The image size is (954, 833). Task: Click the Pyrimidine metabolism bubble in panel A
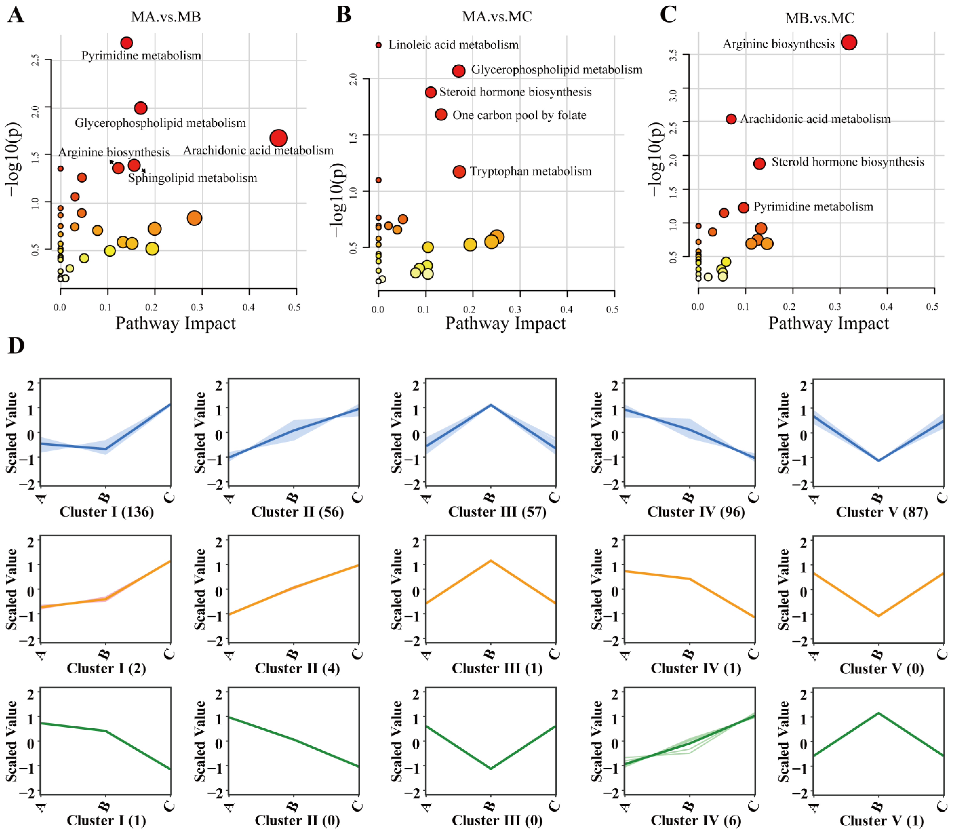point(126,43)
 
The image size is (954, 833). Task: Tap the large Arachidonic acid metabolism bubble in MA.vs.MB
point(278,138)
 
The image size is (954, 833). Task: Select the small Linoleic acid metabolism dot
point(379,45)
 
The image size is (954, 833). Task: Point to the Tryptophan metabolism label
point(531,171)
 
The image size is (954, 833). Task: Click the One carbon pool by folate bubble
point(441,114)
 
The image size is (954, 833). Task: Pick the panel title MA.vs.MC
point(497,17)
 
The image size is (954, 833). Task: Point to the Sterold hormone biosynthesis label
point(848,162)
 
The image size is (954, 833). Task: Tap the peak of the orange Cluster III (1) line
point(491,561)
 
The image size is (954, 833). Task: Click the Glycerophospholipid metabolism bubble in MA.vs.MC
point(459,71)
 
